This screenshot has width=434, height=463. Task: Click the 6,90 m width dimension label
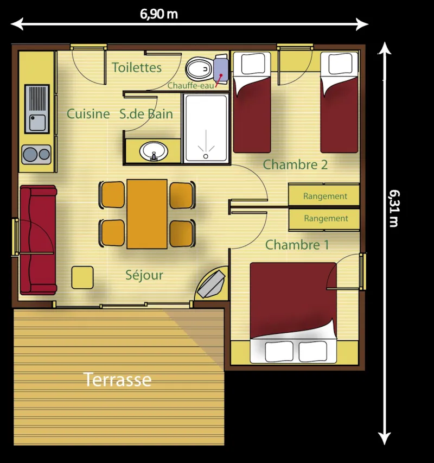tap(159, 15)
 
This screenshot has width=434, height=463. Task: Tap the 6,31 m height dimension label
tap(394, 208)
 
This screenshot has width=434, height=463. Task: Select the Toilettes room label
tap(137, 67)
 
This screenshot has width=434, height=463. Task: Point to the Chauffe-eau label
tap(190, 85)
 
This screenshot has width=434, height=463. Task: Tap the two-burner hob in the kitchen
tap(36, 154)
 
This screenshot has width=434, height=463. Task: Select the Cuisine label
tap(88, 114)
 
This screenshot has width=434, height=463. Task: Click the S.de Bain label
tap(146, 114)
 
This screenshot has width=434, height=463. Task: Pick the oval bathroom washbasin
tap(154, 151)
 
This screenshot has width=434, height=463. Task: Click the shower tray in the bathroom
tap(206, 128)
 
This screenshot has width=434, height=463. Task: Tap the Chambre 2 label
tap(295, 165)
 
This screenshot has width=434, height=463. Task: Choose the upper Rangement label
tap(325, 196)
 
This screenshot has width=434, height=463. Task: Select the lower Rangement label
tap(325, 219)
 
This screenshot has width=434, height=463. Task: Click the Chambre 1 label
tap(297, 245)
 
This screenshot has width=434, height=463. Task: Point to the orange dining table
tap(146, 214)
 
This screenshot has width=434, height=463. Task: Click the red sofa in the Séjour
tap(38, 239)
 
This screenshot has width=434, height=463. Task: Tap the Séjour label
tap(144, 275)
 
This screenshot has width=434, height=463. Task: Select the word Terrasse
tap(117, 380)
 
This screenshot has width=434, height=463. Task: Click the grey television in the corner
tap(212, 283)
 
